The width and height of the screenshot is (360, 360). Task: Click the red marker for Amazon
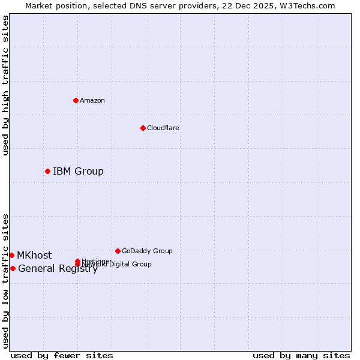click(x=76, y=100)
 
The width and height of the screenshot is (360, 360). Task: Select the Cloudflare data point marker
click(x=143, y=128)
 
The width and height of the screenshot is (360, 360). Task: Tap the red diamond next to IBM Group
click(x=47, y=171)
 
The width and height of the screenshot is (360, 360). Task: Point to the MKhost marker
click(x=11, y=255)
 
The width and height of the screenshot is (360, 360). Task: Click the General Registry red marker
click(x=13, y=268)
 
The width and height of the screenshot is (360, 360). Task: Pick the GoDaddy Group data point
click(x=118, y=251)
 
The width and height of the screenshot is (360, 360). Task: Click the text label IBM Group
click(x=78, y=172)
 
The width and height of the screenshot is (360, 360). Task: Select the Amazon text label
click(x=92, y=101)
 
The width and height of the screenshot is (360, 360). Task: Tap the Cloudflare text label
click(x=163, y=128)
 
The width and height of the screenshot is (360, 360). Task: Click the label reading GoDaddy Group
click(x=147, y=251)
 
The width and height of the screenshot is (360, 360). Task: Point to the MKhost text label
click(x=34, y=256)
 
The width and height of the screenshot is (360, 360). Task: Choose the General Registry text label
click(x=58, y=269)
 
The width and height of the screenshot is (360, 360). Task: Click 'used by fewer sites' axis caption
click(x=62, y=356)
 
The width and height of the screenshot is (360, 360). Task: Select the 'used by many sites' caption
click(x=301, y=356)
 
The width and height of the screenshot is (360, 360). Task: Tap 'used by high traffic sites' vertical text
click(x=5, y=85)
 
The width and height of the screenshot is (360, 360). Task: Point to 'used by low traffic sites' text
click(x=5, y=281)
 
